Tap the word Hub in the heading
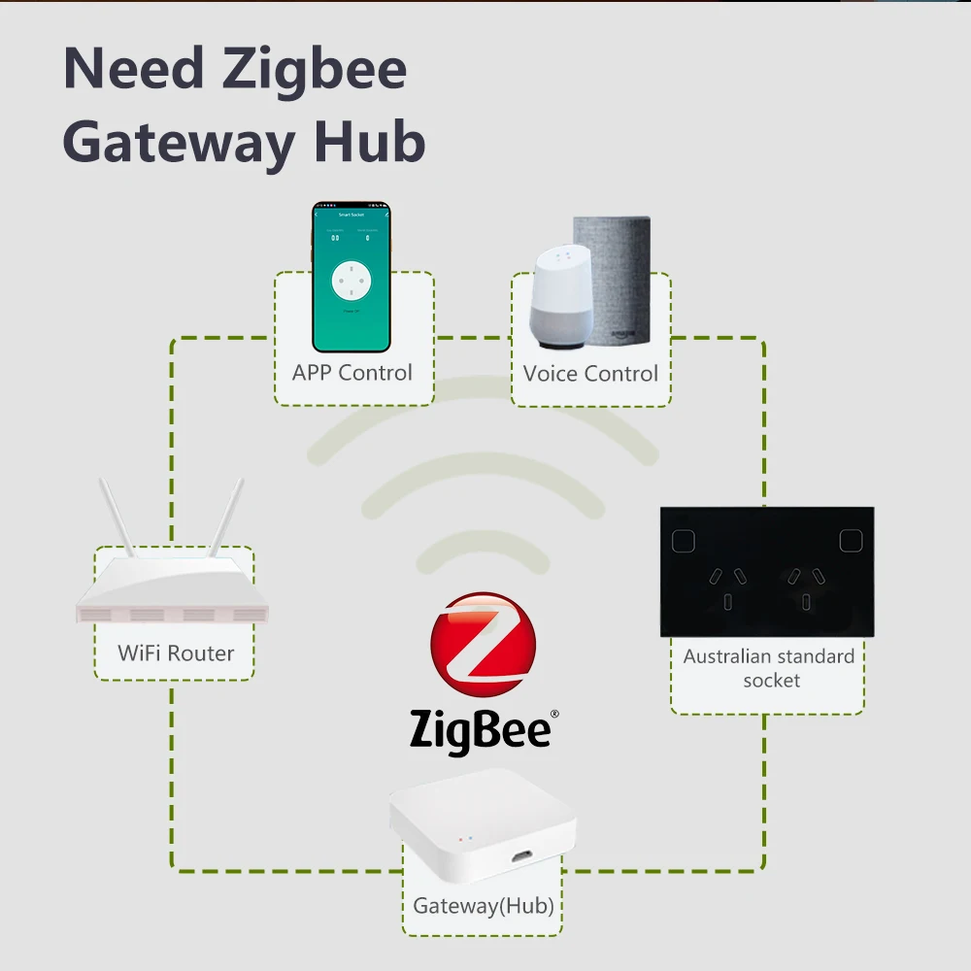(370, 143)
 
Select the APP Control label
(352, 373)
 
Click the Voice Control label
(590, 374)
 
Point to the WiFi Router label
(176, 653)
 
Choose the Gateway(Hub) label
(484, 906)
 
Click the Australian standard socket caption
(768, 668)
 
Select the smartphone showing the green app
(351, 277)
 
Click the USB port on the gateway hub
(522, 856)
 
